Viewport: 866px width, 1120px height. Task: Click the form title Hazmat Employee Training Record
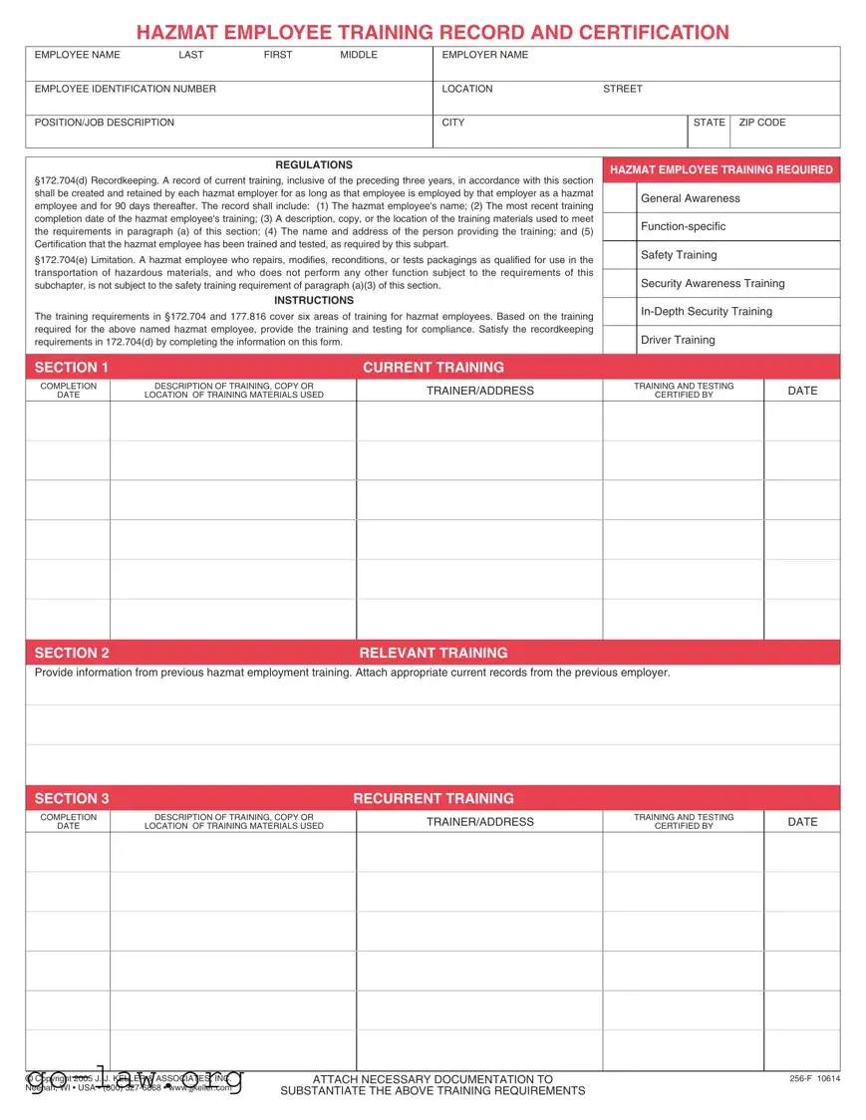[433, 33]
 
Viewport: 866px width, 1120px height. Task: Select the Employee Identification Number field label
[125, 89]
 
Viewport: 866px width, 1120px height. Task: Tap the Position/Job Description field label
[104, 123]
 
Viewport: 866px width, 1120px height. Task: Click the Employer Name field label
[484, 55]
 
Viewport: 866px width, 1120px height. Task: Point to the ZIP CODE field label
[761, 123]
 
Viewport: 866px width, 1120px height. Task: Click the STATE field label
[709, 123]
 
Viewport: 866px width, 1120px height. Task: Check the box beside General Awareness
[619, 198]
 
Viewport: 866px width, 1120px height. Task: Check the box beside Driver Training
[619, 340]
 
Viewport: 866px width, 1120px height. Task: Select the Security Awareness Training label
[712, 283]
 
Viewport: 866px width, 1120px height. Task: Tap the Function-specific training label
[683, 226]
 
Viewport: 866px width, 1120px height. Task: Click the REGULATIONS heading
[314, 164]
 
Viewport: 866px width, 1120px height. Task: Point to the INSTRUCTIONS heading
[314, 300]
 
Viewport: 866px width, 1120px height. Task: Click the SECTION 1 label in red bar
[72, 367]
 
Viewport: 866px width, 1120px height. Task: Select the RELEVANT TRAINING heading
[433, 653]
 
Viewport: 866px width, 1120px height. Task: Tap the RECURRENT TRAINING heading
[433, 798]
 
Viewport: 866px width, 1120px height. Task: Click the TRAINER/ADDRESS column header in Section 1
[479, 391]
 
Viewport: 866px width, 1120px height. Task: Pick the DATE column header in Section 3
[801, 822]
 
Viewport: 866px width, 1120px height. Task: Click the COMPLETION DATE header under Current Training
[68, 391]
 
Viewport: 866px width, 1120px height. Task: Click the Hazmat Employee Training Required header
[721, 169]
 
